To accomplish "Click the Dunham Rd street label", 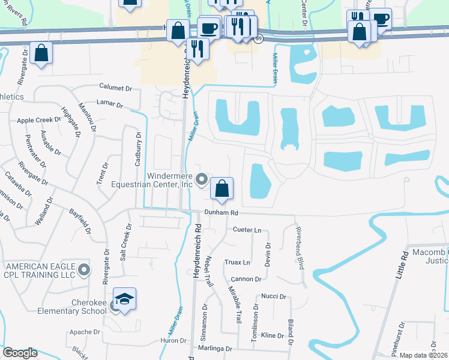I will click(x=221, y=213).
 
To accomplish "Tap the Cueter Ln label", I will click(x=247, y=230).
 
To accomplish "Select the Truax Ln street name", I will click(x=238, y=262).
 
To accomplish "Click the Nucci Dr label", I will click(x=273, y=296).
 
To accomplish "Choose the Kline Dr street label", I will click(x=272, y=335).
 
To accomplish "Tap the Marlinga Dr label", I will click(x=217, y=349).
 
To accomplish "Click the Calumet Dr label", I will click(x=115, y=88).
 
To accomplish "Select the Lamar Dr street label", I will click(x=109, y=104).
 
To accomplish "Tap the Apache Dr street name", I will click(x=85, y=332).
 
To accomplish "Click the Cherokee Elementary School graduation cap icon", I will click(x=124, y=301).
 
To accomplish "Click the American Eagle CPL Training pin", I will click(x=84, y=270).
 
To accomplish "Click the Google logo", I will click(x=20, y=353).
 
